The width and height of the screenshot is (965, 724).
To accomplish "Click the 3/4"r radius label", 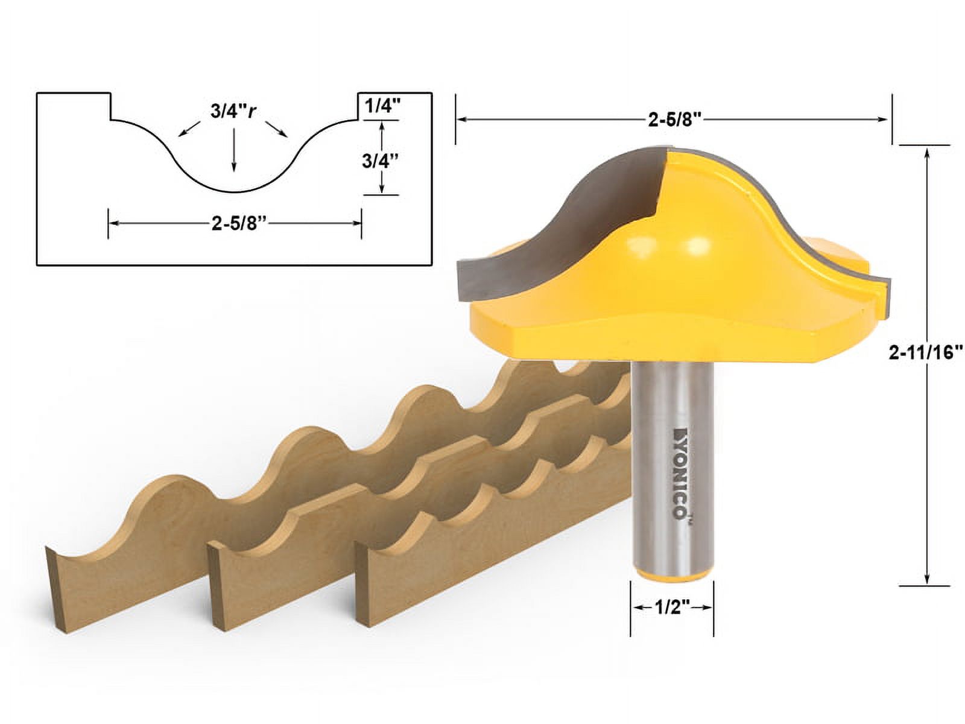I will (x=233, y=112).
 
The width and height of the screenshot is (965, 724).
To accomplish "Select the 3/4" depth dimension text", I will (x=381, y=161).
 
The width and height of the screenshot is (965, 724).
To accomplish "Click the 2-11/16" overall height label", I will (x=925, y=354).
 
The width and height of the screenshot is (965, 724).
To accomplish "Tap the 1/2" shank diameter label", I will (x=672, y=608).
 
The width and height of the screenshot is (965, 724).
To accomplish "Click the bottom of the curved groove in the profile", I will (x=234, y=191).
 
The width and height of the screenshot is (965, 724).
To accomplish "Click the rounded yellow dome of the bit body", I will (x=669, y=241).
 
